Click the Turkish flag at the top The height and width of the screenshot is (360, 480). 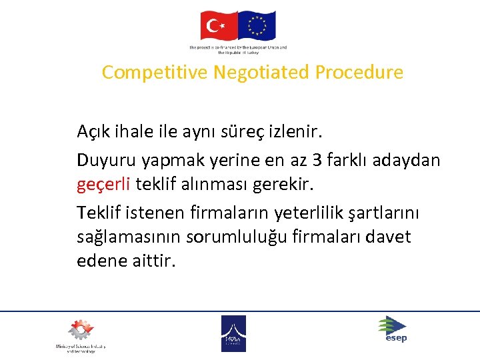(x=219, y=25)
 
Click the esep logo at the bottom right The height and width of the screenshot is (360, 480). (x=393, y=329)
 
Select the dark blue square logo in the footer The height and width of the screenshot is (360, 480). (x=233, y=333)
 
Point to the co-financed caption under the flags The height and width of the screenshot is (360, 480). (x=238, y=50)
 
